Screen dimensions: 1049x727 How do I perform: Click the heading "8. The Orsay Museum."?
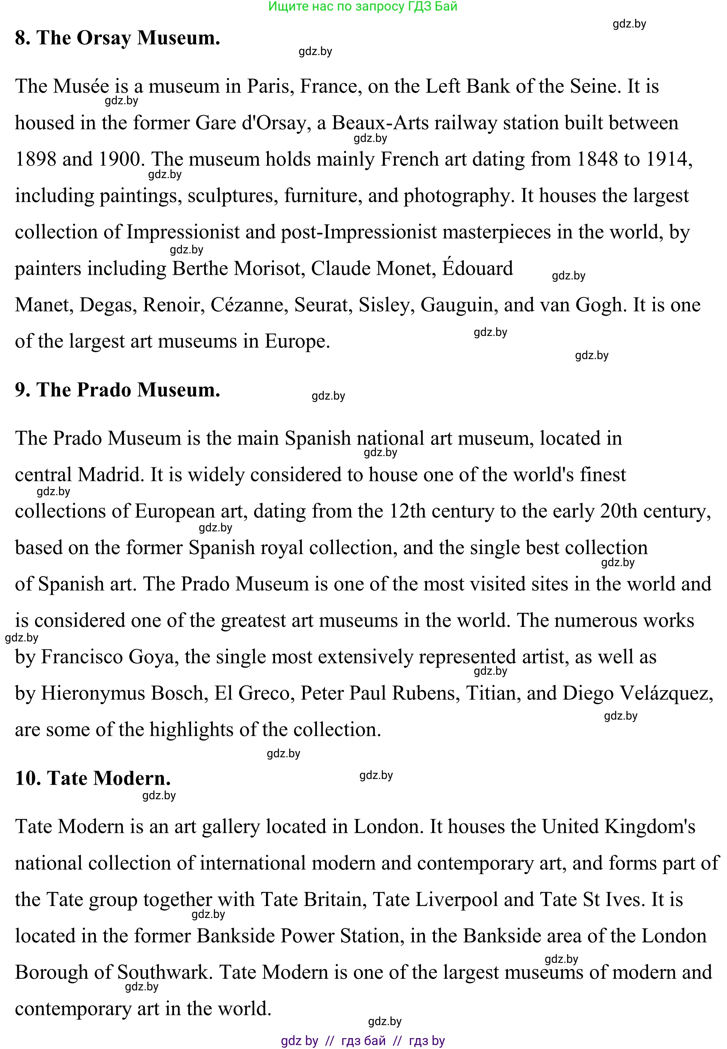(118, 38)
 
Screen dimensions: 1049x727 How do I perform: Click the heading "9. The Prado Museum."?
(118, 390)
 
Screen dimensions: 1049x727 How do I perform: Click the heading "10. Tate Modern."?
(93, 778)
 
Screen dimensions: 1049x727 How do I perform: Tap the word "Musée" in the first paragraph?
(81, 86)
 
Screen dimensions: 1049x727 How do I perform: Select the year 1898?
(35, 160)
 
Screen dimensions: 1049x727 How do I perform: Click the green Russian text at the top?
(363, 7)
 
